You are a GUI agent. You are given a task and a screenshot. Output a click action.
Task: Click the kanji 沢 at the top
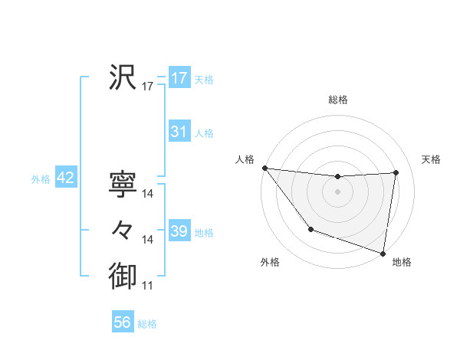click(x=123, y=77)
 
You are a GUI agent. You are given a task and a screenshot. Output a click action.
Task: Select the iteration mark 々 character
click(x=123, y=229)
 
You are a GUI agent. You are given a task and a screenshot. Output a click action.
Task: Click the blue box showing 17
click(x=179, y=78)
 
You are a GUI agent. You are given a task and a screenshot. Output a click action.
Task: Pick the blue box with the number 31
click(x=179, y=132)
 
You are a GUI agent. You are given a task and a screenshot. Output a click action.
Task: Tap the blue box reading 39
click(x=179, y=231)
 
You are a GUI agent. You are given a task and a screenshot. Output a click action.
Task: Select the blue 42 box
click(x=66, y=178)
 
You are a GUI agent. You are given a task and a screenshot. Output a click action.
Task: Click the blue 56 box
click(x=123, y=322)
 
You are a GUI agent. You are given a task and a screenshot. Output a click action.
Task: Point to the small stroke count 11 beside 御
click(x=148, y=286)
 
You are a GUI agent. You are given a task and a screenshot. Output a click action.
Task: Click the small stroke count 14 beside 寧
click(x=148, y=195)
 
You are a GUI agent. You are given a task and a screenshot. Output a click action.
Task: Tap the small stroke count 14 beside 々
click(x=148, y=240)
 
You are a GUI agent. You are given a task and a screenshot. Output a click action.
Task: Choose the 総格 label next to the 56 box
click(x=147, y=324)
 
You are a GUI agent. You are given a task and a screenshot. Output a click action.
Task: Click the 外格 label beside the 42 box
click(x=41, y=179)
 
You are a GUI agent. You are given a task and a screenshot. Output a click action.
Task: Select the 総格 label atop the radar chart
click(x=338, y=100)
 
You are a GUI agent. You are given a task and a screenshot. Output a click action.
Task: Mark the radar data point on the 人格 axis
click(x=264, y=168)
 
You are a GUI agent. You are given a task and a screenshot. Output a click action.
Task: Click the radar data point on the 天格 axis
click(x=396, y=172)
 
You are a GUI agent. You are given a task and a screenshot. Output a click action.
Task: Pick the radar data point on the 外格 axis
click(x=310, y=229)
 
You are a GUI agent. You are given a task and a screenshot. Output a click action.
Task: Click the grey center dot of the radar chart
click(x=337, y=191)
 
